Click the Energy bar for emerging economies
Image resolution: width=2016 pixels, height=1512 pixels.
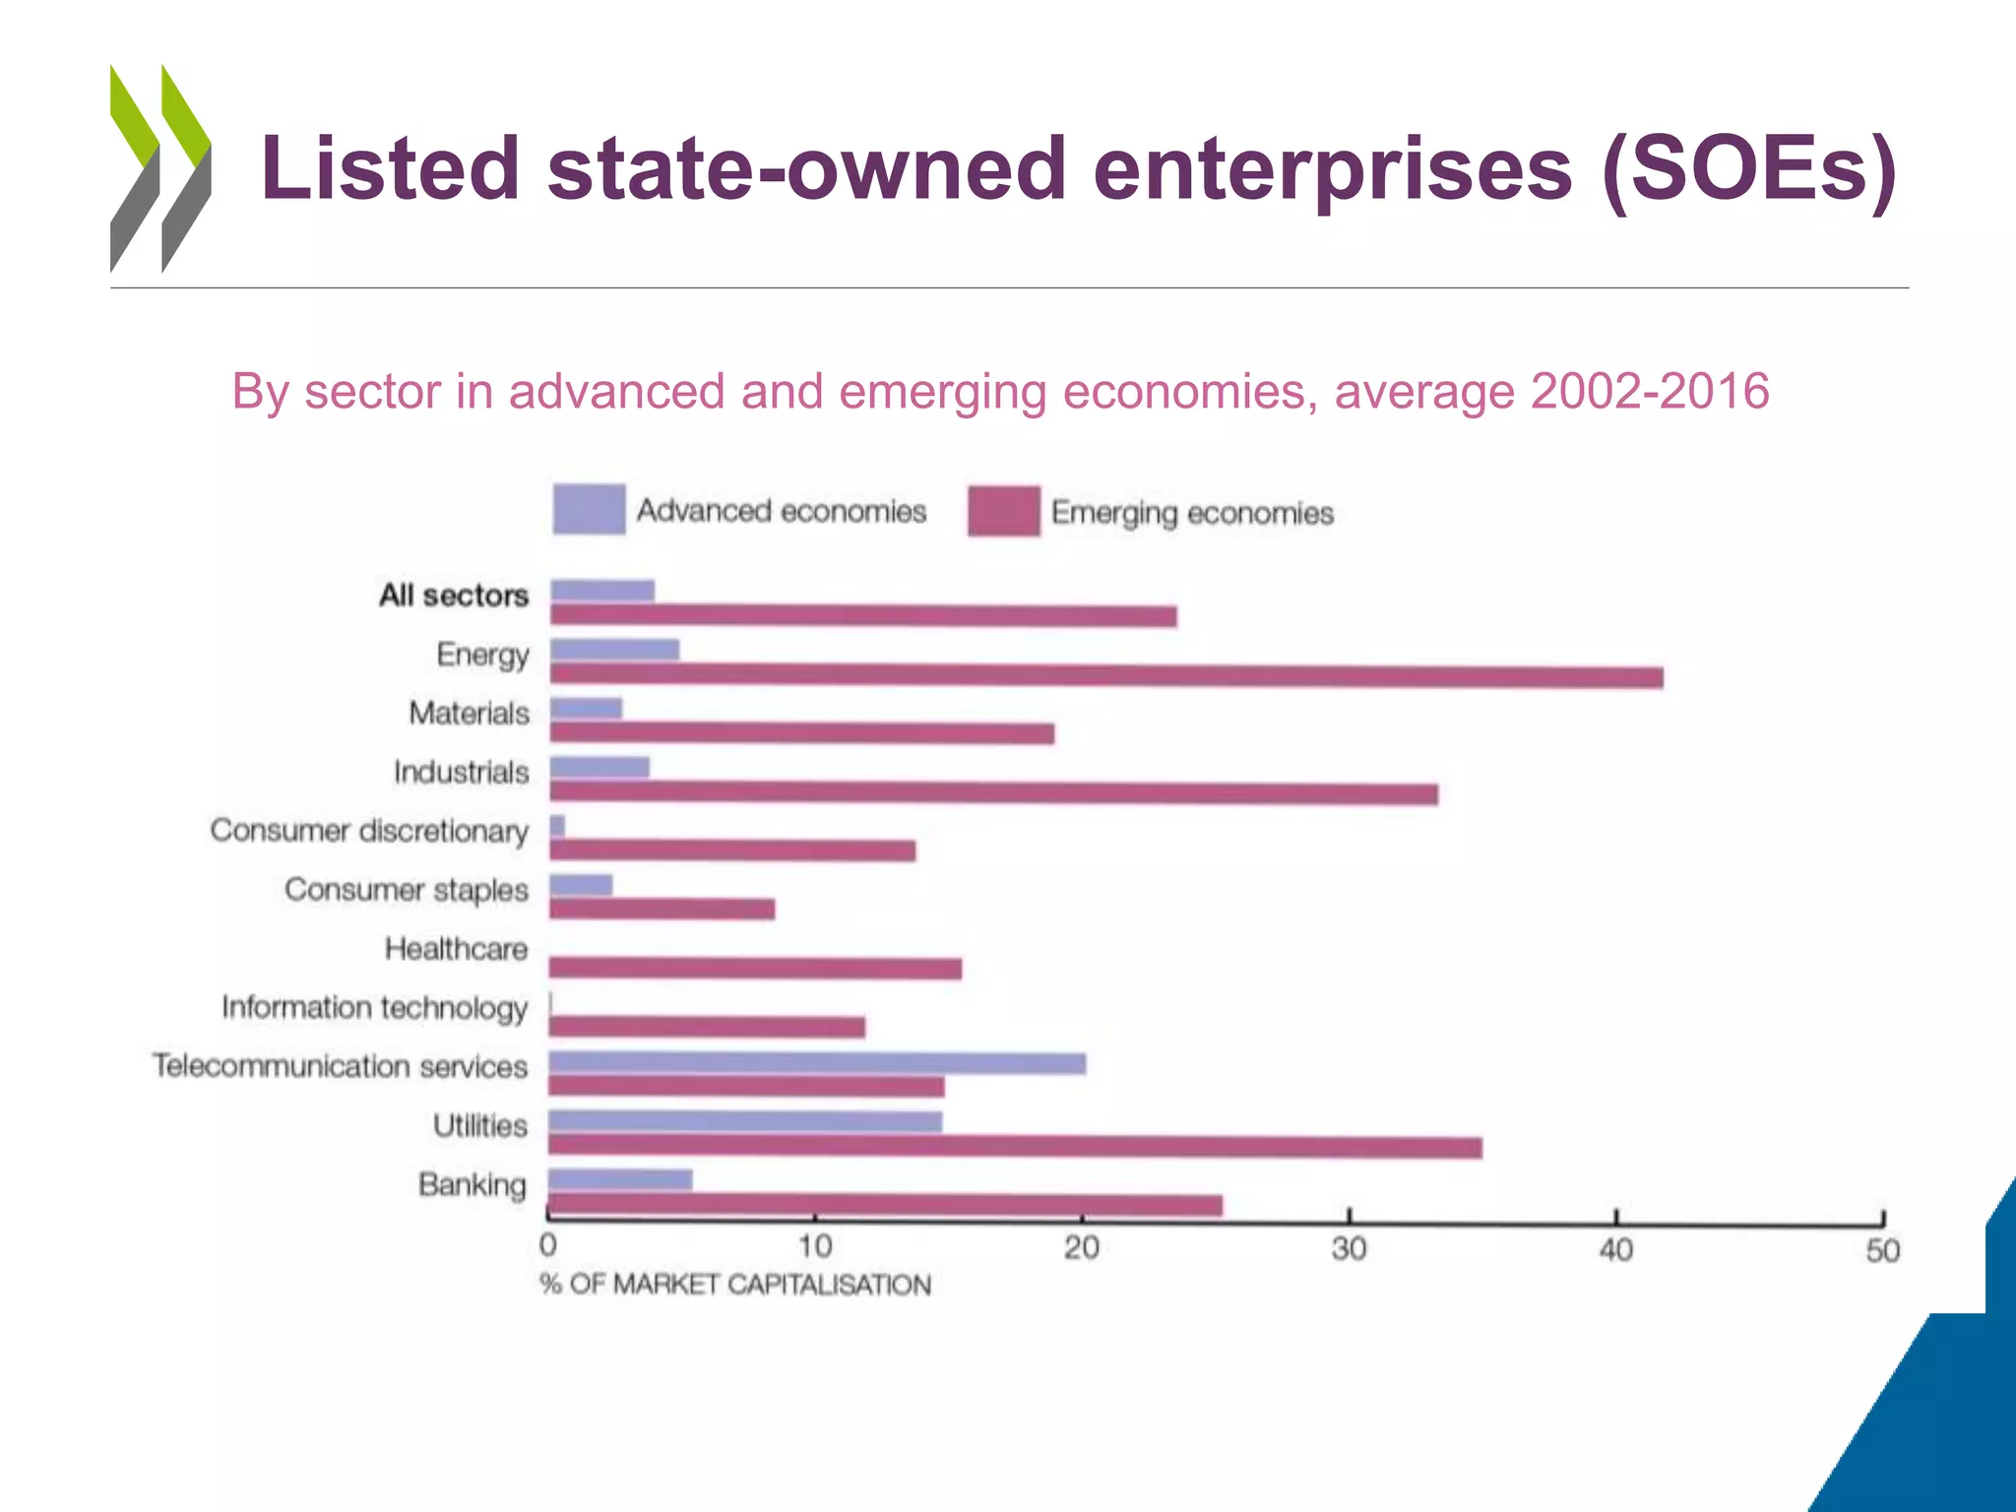pos(1105,675)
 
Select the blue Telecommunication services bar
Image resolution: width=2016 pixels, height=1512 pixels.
pos(817,1063)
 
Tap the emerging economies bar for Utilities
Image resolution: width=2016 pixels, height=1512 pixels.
pos(1015,1146)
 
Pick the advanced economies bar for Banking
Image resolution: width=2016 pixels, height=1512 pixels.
pos(620,1179)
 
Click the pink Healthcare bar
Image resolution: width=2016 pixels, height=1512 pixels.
pos(755,969)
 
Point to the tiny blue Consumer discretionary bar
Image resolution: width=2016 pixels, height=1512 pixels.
pos(557,826)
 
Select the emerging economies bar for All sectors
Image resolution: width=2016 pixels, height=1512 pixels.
pos(863,616)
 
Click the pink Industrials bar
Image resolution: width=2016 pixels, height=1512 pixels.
pos(993,792)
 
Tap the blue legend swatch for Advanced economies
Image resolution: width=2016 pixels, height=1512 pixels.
pos(589,509)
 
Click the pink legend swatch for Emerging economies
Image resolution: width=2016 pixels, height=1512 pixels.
pos(1003,511)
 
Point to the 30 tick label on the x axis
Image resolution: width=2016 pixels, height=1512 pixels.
pos(1349,1249)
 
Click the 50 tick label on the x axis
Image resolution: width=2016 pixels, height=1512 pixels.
pos(1882,1251)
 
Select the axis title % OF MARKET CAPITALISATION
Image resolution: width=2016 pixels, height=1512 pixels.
pos(734,1285)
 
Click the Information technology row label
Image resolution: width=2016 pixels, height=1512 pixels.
pos(374,1008)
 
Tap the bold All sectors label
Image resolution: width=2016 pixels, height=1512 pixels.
pos(454,596)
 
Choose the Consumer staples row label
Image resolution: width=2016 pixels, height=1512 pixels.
pos(406,890)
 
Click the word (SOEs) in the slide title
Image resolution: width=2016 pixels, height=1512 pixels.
pos(1748,167)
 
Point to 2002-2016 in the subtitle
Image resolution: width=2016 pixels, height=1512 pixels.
pos(1650,391)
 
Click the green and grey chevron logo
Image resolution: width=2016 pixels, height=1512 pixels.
pos(160,168)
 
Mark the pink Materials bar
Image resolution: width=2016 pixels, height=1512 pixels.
pos(801,732)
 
